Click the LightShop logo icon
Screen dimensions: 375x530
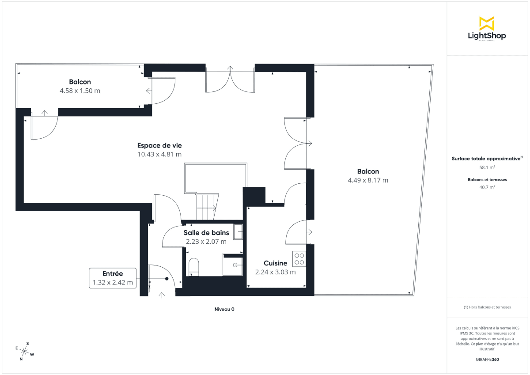pos(487,23)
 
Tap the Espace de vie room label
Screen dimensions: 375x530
pos(159,145)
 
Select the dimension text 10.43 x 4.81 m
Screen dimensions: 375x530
pos(159,154)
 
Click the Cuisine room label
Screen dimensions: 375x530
pos(276,263)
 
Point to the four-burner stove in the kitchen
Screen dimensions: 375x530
pos(299,258)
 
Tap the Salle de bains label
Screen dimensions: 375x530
pos(206,233)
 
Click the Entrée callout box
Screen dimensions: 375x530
pos(113,278)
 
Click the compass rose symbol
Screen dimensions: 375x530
pos(25,351)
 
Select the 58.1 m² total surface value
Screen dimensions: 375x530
pos(488,167)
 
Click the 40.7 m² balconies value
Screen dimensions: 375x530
pos(488,187)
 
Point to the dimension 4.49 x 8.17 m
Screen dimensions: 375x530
pos(368,180)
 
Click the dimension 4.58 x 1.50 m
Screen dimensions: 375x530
pos(80,91)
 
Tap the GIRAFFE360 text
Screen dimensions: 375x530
pos(488,360)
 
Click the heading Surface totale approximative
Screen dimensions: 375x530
pos(486,158)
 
